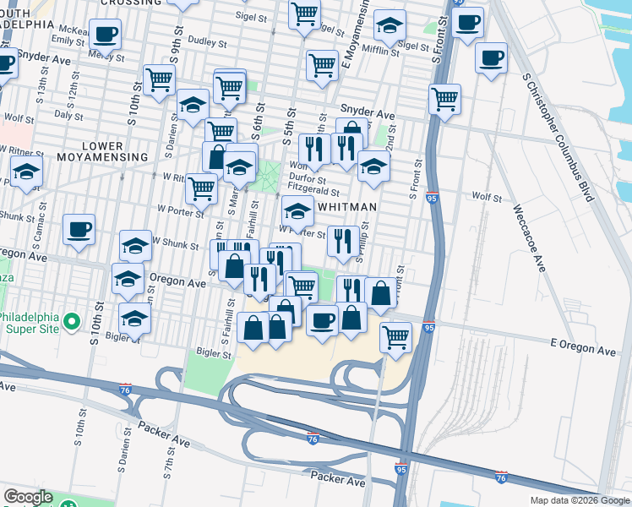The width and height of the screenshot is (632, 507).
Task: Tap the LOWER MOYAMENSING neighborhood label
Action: (x=102, y=150)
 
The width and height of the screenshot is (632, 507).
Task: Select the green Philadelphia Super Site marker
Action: (x=73, y=322)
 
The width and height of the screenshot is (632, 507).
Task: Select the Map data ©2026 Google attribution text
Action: (x=579, y=500)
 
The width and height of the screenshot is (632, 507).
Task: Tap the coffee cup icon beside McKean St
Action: (x=105, y=35)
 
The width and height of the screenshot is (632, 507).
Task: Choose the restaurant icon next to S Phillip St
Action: (x=342, y=241)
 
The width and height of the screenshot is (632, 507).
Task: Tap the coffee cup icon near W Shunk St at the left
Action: (x=79, y=228)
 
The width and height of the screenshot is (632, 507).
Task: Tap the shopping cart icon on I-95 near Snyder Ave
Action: (x=444, y=99)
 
